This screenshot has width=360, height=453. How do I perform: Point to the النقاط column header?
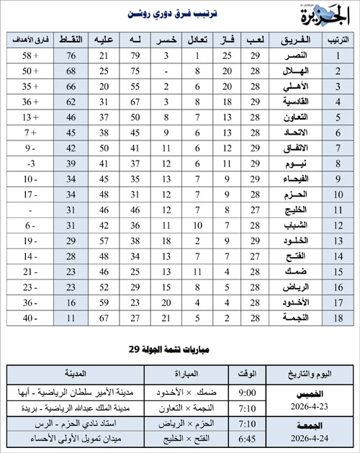tap(72, 39)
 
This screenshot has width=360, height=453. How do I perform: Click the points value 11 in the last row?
tap(72, 317)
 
